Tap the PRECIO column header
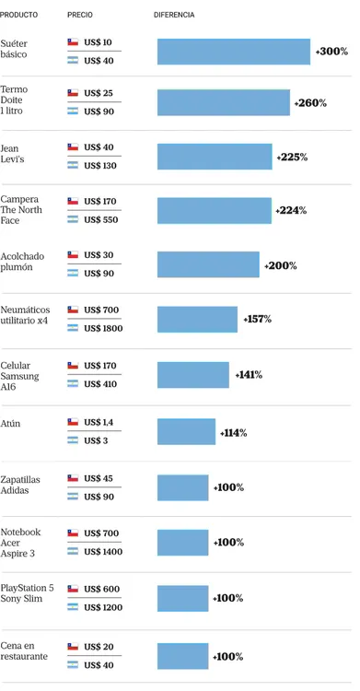pyautogui.click(x=80, y=16)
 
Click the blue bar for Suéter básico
pyautogui.click(x=234, y=52)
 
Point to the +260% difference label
pyautogui.click(x=310, y=103)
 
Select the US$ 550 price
pyautogui.click(x=100, y=219)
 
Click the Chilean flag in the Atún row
pyautogui.click(x=73, y=422)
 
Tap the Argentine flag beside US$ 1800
pyautogui.click(x=73, y=328)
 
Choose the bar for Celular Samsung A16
pyautogui.click(x=193, y=375)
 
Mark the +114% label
pyautogui.click(x=233, y=432)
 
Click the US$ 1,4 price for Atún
pyautogui.click(x=98, y=422)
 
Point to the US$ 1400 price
pyautogui.click(x=102, y=551)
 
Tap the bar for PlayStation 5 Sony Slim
pyautogui.click(x=183, y=598)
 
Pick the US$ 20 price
pyautogui.click(x=98, y=646)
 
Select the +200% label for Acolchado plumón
pyautogui.click(x=280, y=265)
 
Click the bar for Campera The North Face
pyautogui.click(x=215, y=211)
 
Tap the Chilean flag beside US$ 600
pyautogui.click(x=73, y=589)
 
